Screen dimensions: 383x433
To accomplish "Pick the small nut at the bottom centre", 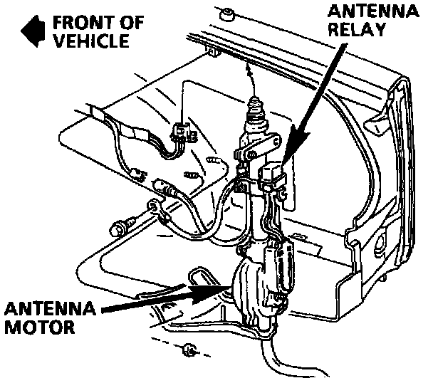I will coord(188,349).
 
